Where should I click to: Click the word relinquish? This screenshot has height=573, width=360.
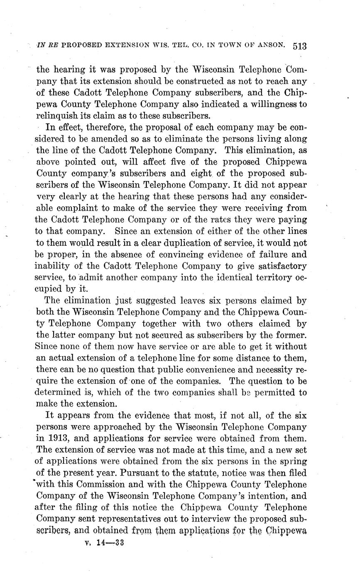[x=55, y=116]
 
